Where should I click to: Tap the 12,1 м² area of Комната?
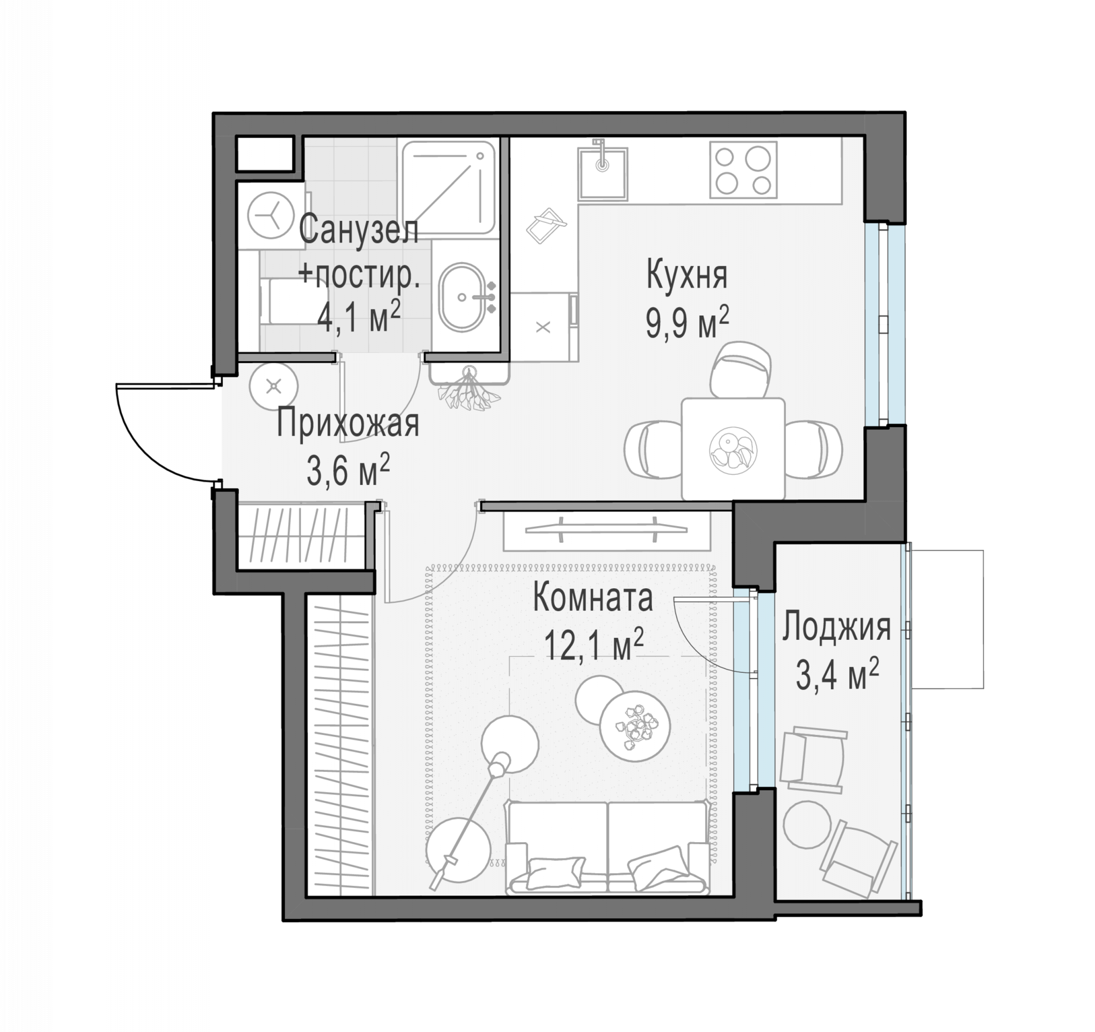(593, 645)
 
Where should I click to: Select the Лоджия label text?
(836, 627)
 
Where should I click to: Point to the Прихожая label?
(348, 424)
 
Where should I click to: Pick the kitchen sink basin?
(603, 173)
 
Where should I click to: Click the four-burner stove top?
(743, 170)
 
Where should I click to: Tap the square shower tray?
(448, 187)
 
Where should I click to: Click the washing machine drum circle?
(270, 215)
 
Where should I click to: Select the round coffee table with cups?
(635, 726)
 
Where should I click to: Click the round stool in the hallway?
(273, 386)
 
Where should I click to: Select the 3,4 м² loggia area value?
(836, 674)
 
